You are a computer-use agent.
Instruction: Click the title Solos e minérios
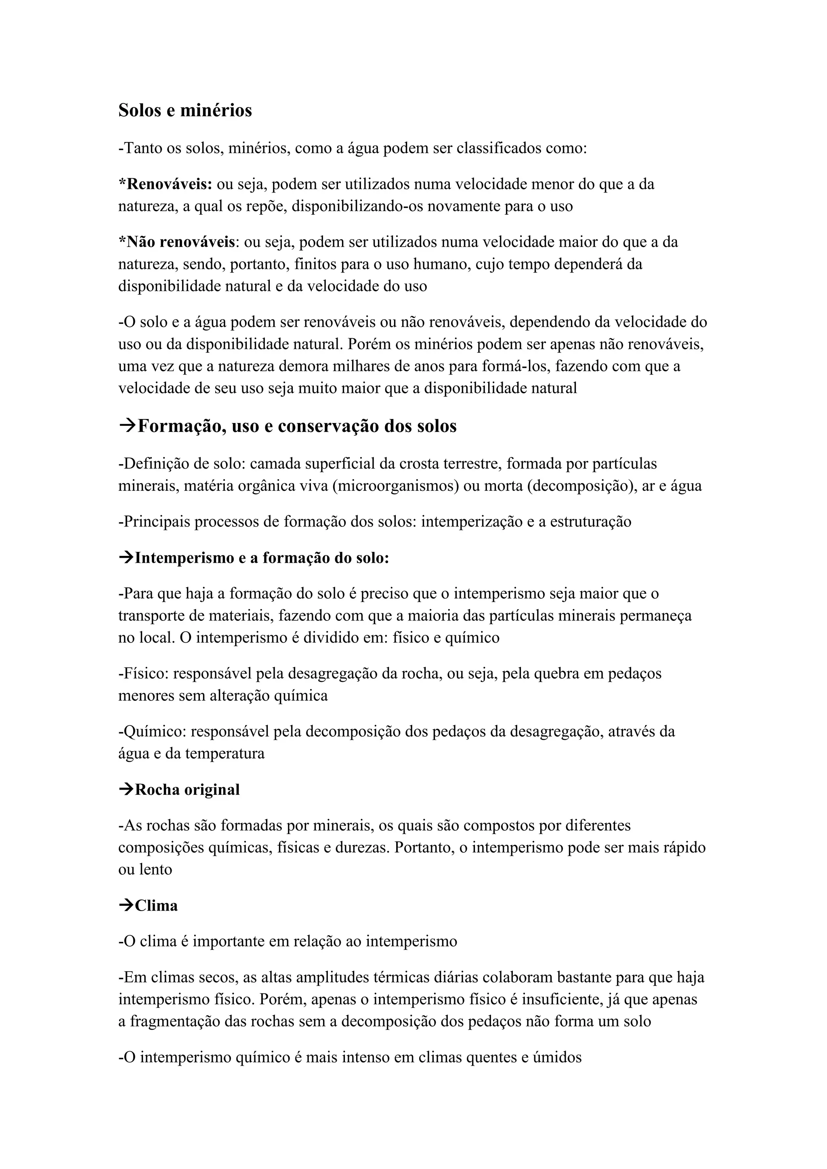tap(185, 111)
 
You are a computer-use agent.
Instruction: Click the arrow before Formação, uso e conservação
tap(127, 425)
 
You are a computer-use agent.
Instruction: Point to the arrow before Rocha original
tap(126, 790)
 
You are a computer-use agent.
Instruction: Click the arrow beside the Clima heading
tap(126, 906)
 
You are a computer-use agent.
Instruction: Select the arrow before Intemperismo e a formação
tap(126, 558)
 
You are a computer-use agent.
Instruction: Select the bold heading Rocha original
tap(187, 790)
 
